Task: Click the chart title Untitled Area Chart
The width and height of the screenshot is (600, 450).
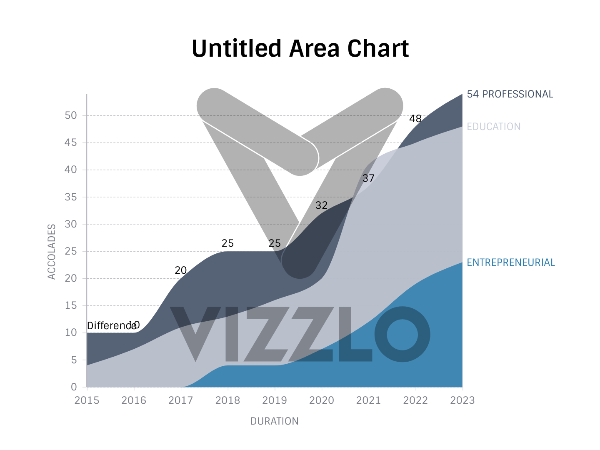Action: tap(300, 48)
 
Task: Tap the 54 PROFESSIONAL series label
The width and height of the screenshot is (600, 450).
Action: tap(510, 94)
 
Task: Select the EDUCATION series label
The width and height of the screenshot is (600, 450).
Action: tap(493, 127)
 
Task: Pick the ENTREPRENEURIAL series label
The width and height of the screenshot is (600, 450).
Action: tap(510, 262)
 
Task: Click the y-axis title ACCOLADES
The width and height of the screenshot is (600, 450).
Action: tap(52, 252)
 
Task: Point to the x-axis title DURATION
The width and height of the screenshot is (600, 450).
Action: tap(274, 421)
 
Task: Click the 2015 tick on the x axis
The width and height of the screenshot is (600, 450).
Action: tap(87, 400)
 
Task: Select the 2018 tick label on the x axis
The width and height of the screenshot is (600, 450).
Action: tap(227, 400)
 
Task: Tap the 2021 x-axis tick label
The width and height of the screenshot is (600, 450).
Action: tap(368, 400)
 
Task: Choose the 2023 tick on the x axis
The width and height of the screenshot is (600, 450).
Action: tap(462, 400)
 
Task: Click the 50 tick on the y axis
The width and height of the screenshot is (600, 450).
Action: tap(71, 115)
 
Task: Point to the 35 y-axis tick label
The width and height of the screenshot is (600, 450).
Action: tap(71, 197)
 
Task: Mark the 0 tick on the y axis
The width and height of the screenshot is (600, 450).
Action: tap(74, 387)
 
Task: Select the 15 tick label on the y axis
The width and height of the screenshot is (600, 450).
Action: tap(71, 305)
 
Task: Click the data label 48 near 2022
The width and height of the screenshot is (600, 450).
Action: tap(415, 119)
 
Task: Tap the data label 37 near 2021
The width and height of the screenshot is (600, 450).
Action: tap(368, 178)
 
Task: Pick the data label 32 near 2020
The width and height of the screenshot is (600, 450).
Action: tap(321, 205)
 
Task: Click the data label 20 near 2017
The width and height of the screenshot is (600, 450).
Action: tap(180, 270)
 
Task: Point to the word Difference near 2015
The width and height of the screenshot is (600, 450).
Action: tap(111, 326)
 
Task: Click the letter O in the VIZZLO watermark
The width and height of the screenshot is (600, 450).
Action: tap(402, 334)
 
